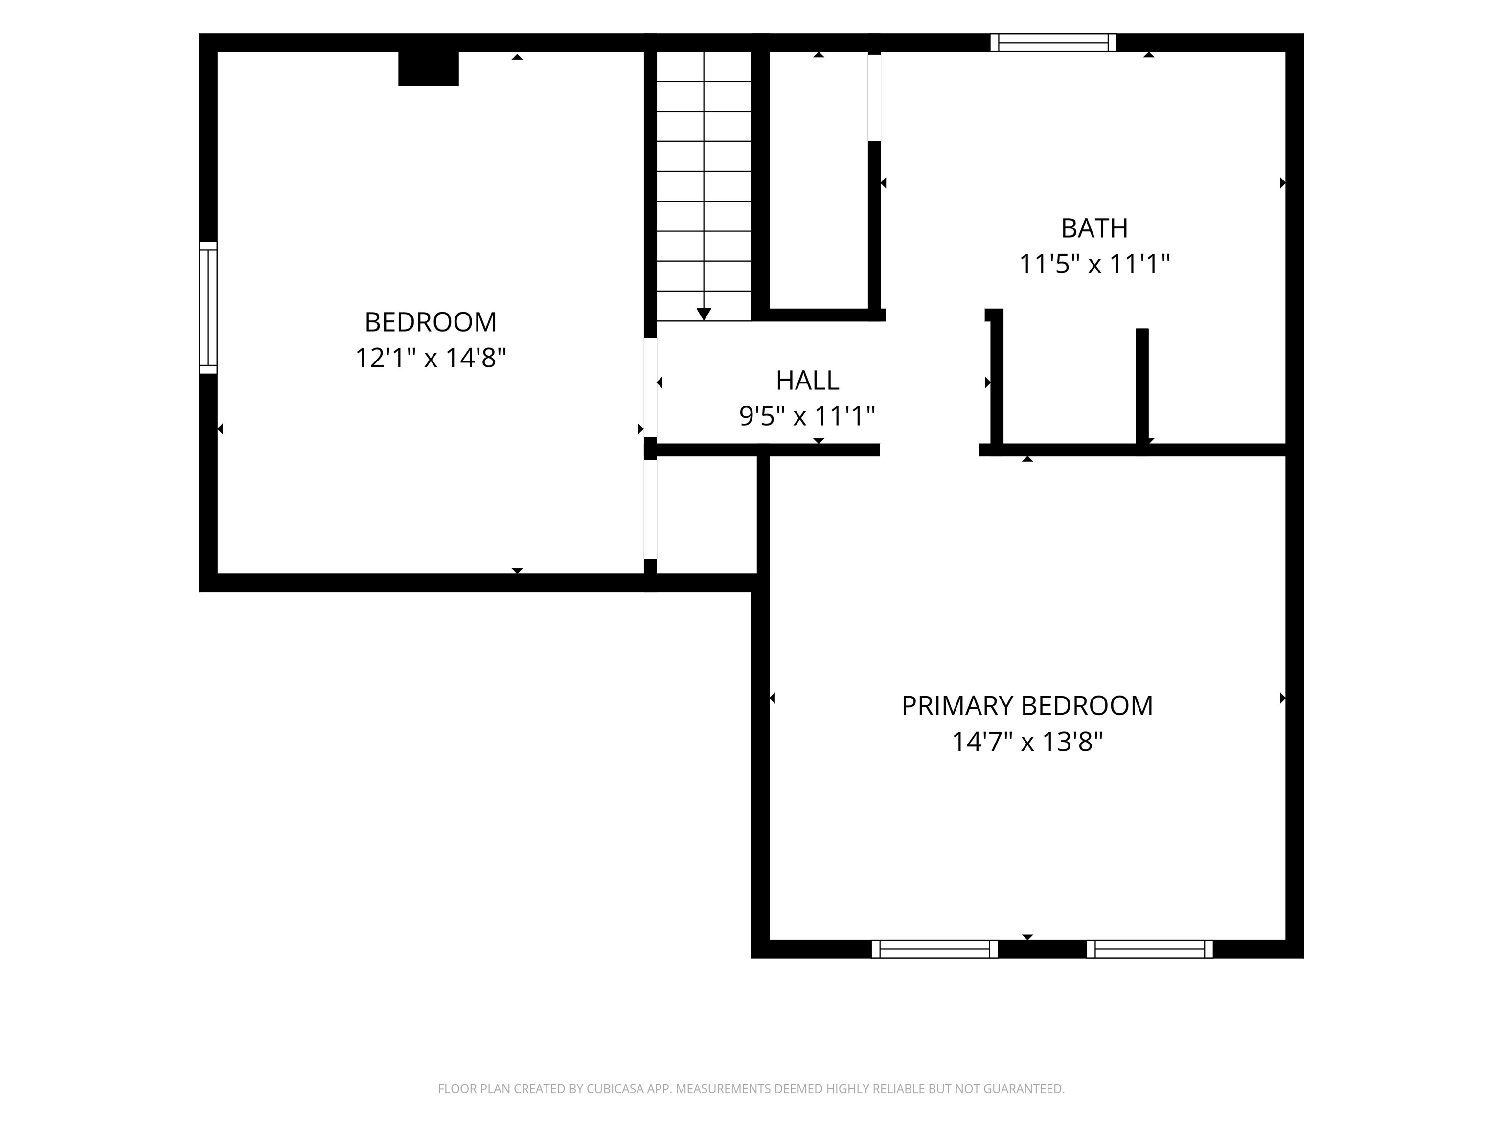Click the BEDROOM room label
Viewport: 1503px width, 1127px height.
pos(430,322)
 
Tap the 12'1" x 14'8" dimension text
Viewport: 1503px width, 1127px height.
pos(431,358)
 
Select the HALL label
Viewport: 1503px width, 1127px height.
pos(807,381)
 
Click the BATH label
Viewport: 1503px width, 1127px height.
pos(1094,228)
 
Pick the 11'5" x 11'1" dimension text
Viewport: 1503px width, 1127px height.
pos(1094,264)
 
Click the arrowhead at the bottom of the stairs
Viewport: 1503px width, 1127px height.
pos(704,314)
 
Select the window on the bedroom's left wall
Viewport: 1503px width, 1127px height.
pos(208,308)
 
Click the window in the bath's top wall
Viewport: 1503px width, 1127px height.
pos(1053,42)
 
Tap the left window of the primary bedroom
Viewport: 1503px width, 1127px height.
pos(934,949)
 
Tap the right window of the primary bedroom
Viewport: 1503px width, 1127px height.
pos(1150,949)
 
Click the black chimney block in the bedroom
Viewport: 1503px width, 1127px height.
pos(428,68)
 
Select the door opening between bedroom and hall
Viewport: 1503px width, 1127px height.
pos(650,387)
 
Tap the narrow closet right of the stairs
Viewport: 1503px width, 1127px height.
pos(819,180)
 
